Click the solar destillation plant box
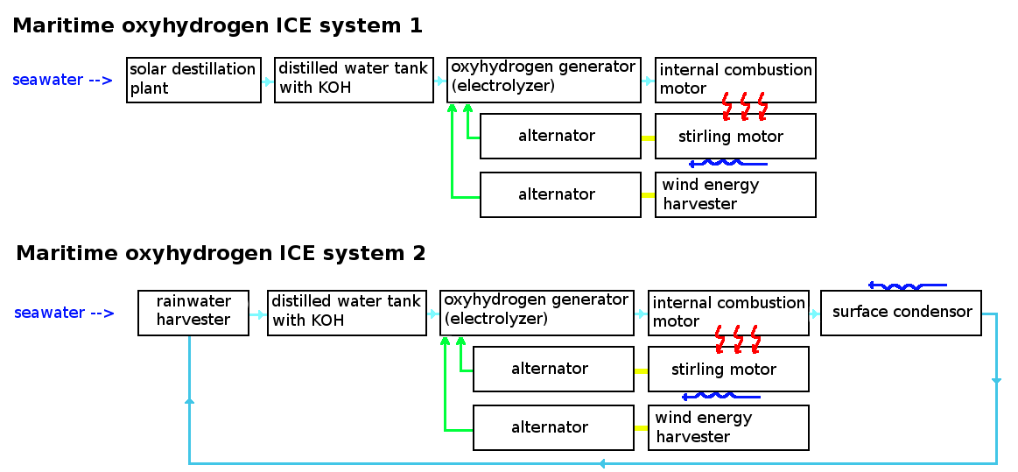pyautogui.click(x=193, y=80)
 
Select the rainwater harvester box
pyautogui.click(x=193, y=313)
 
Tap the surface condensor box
pyautogui.click(x=901, y=313)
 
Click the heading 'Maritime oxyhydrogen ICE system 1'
pyautogui.click(x=217, y=26)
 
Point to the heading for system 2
pyautogui.click(x=221, y=254)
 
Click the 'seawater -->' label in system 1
pyautogui.click(x=62, y=80)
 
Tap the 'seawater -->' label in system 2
pyautogui.click(x=64, y=313)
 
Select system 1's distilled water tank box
pyautogui.click(x=354, y=80)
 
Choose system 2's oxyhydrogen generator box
pyautogui.click(x=537, y=313)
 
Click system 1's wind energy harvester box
pyautogui.click(x=735, y=194)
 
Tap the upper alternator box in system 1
pyautogui.click(x=560, y=136)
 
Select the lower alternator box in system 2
pyautogui.click(x=553, y=427)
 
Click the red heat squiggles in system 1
pyautogui.click(x=744, y=107)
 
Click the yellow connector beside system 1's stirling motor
pyautogui.click(x=648, y=137)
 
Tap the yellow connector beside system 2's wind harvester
pyautogui.click(x=641, y=428)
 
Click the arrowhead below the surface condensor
pyautogui.click(x=996, y=381)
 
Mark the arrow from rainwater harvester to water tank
pyautogui.click(x=257, y=313)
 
